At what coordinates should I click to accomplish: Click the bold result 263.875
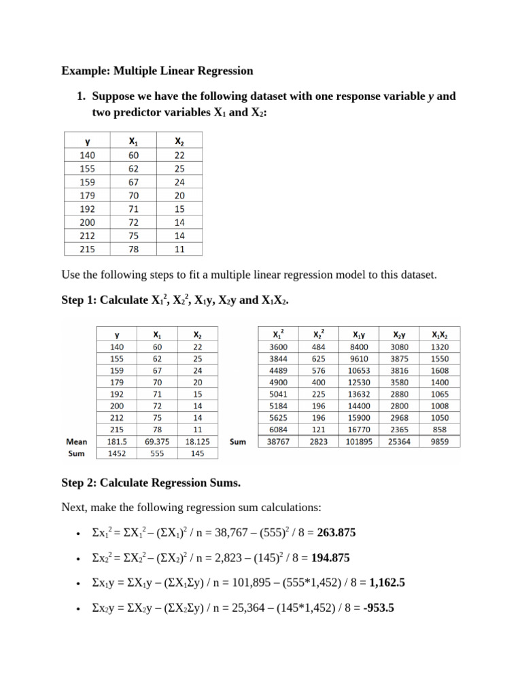click(x=333, y=534)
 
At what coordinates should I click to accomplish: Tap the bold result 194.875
click(x=330, y=559)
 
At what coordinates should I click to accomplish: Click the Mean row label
click(x=76, y=441)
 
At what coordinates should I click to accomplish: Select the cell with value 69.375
click(x=157, y=441)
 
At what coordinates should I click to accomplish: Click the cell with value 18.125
click(x=197, y=441)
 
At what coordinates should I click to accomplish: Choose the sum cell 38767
click(x=279, y=442)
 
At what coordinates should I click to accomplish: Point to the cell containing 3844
click(x=279, y=358)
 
